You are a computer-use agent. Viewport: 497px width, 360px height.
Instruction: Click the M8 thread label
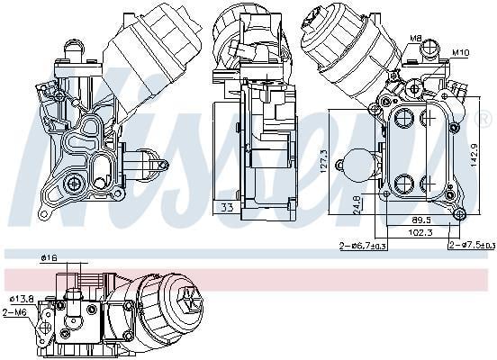pyautogui.click(x=416, y=38)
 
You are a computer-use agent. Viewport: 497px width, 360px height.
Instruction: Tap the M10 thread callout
pyautogui.click(x=460, y=51)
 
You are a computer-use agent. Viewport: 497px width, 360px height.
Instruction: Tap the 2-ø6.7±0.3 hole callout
pyautogui.click(x=363, y=246)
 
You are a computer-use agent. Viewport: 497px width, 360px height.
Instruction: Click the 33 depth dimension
pyautogui.click(x=227, y=208)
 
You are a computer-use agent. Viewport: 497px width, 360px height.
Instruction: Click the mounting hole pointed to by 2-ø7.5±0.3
pyautogui.click(x=459, y=213)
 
